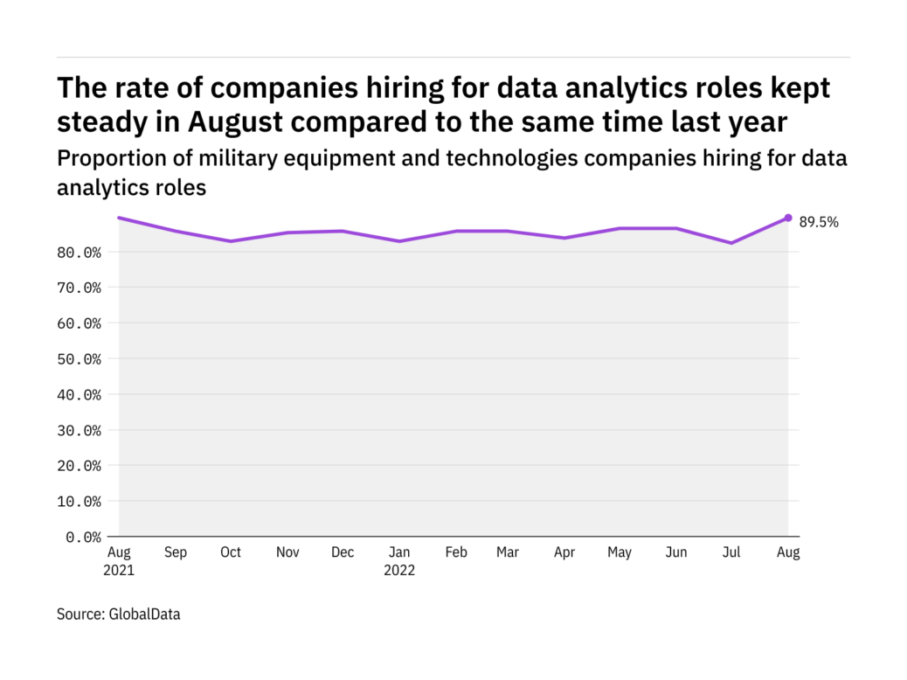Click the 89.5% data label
tap(819, 223)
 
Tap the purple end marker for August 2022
tap(788, 218)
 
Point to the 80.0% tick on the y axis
tap(80, 253)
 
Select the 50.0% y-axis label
tap(80, 359)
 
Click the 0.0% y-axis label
tap(83, 537)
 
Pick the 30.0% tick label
tap(80, 430)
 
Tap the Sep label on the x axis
tap(175, 553)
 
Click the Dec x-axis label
tap(343, 553)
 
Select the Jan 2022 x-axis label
tap(399, 561)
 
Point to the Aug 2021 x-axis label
tap(119, 561)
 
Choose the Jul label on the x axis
tap(731, 553)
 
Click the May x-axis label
tap(620, 553)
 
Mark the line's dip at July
tap(731, 243)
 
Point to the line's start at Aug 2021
tap(120, 218)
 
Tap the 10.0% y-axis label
tap(80, 502)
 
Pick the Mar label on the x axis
tap(508, 553)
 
